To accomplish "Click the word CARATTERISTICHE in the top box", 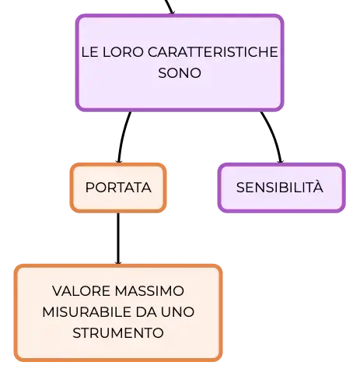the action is pos(213,52).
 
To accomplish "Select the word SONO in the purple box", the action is pos(180,73).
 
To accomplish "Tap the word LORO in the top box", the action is pos(123,52).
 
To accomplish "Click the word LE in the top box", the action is pos(90,52).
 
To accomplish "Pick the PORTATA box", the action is pos(118,188).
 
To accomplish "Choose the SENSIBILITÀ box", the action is pos(281,188).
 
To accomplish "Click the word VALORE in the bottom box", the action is pos(82,291).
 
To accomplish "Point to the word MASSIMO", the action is pos(149,291).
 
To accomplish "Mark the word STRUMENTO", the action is pos(118,332).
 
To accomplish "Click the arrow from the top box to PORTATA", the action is pos(123,137).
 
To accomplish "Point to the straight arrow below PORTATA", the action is pos(118,239).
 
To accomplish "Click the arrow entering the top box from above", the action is pos(169,7).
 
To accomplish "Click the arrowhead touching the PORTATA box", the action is pos(119,161).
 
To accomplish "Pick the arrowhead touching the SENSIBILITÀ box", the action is pos(280,161).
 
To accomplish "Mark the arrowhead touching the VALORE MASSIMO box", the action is pos(118,262).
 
